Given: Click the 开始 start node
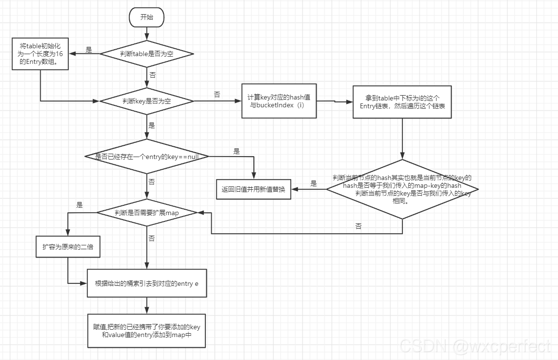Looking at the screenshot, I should pos(146,18).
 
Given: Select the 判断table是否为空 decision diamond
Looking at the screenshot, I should pos(147,54).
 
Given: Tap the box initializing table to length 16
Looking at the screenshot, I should pos(40,54).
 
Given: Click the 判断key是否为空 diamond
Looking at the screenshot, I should pos(147,101).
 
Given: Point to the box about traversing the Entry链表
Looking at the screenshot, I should pos(402,102).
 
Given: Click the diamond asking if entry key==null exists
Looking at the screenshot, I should pos(147,157).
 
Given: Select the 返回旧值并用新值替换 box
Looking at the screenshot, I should pos(254,189).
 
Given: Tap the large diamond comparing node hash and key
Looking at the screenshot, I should pos(402,189).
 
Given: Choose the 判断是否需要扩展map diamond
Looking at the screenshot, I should pos(147,213).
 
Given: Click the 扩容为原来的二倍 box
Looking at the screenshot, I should pos(68,247).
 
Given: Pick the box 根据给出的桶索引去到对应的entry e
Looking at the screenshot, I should pos(147,283).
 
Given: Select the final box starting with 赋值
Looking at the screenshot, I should pos(147,331).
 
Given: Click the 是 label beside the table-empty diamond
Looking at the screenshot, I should pos(89,50).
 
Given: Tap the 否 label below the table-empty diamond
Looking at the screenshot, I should pos(153,75).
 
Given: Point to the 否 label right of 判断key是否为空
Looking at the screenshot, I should pos(217,94).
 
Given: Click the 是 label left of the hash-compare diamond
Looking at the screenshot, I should pos(314,184).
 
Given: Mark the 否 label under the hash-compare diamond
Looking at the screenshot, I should pos(359,226).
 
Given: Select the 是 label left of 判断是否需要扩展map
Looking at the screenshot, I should pos(80,205).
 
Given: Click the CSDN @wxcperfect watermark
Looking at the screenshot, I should pos(475,346).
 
